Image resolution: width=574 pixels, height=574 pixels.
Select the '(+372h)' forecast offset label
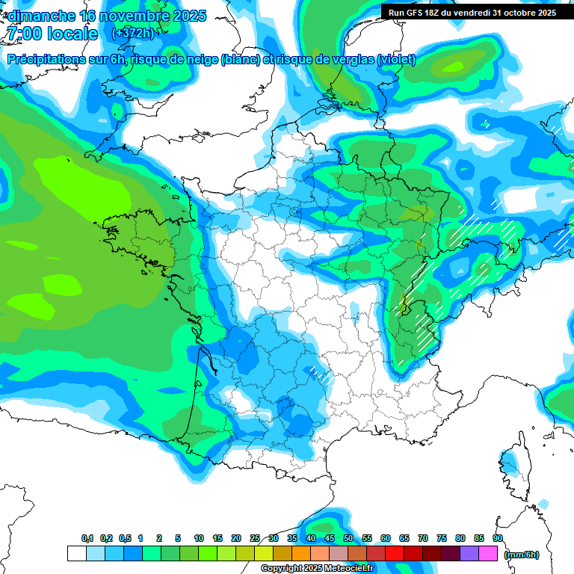tap(132, 34)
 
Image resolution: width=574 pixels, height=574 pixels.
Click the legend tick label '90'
tap(497, 538)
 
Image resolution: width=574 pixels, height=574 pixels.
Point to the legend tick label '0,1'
tap(87, 538)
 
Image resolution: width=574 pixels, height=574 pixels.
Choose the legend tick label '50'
tap(348, 538)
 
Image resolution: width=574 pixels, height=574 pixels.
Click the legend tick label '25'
tap(255, 538)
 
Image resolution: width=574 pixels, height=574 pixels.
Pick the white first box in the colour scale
tap(76, 554)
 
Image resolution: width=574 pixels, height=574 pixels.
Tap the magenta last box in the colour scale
tap(488, 554)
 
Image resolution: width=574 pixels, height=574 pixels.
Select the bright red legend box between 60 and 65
tap(395, 554)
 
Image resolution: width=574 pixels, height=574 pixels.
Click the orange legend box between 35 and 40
tap(301, 554)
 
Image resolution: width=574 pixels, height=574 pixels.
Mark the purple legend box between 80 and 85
tap(469, 554)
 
